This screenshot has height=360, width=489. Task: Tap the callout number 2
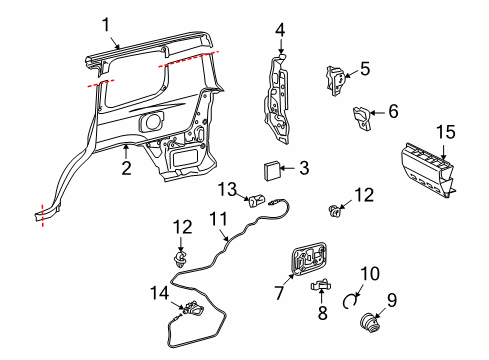[126, 169]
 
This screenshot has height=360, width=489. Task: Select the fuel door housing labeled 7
[309, 263]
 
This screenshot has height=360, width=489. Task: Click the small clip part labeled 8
[321, 287]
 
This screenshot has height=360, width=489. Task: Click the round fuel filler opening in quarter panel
[153, 122]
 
